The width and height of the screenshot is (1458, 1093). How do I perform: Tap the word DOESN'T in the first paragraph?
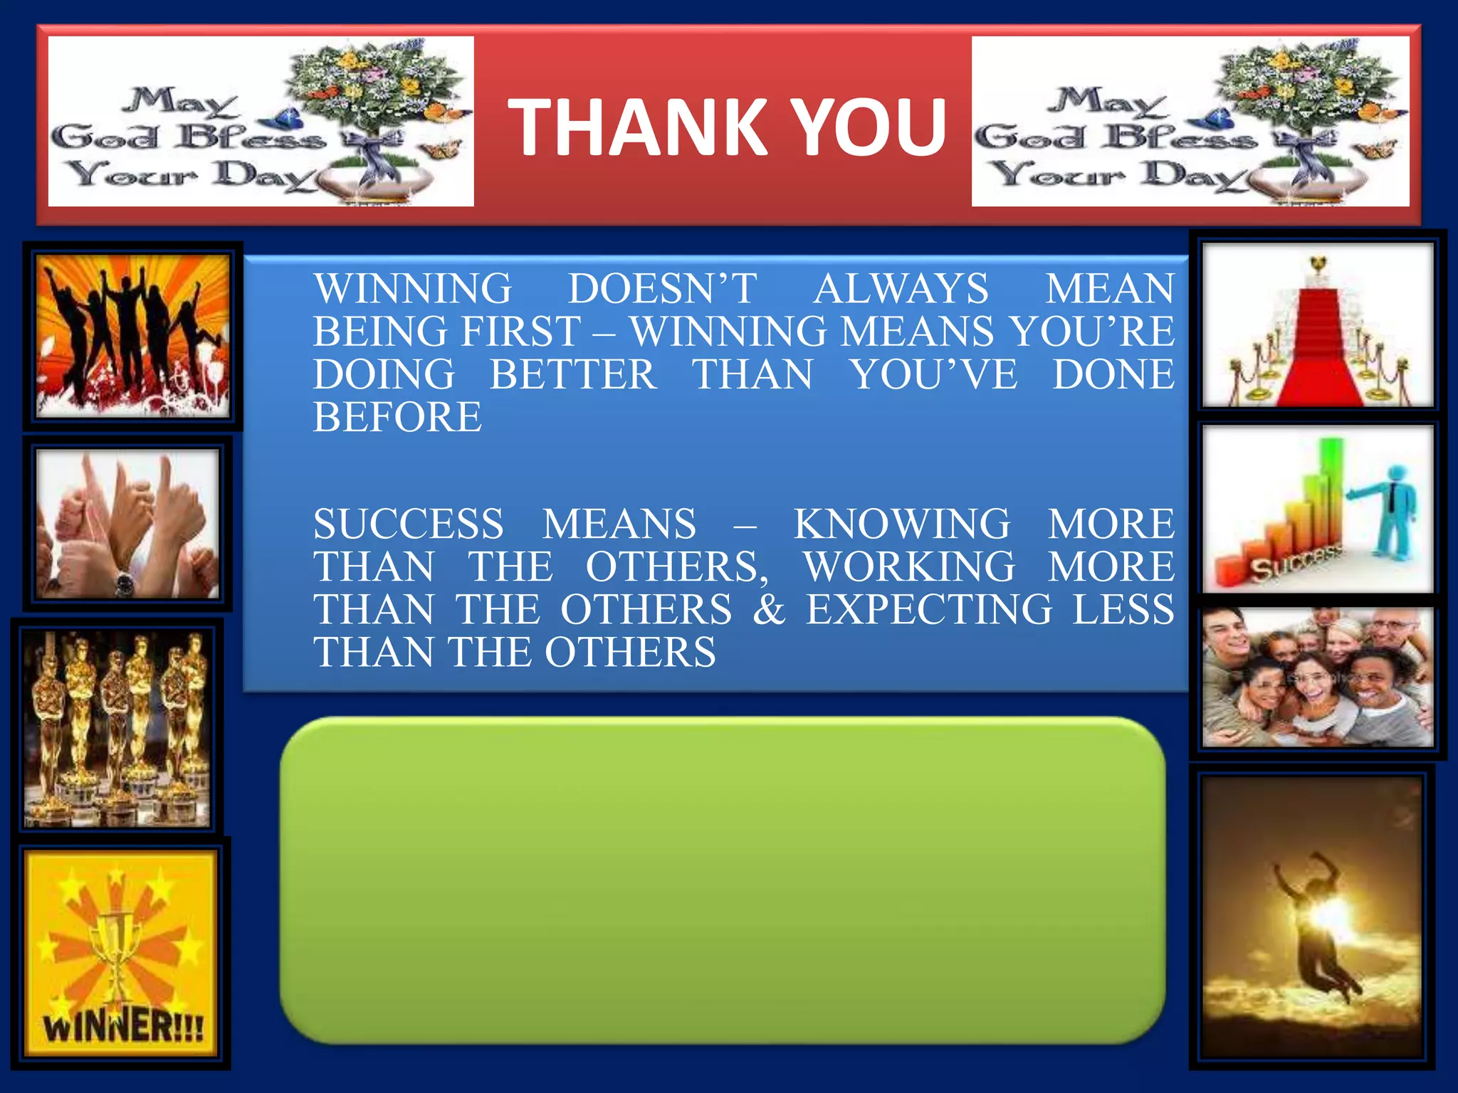click(x=662, y=289)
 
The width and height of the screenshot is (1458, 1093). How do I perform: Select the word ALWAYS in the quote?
click(x=901, y=289)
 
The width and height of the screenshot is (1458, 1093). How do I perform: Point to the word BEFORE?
click(x=397, y=418)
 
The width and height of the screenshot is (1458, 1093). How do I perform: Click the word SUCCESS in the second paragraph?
click(x=409, y=524)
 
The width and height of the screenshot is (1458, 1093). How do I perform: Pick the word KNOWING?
click(x=901, y=524)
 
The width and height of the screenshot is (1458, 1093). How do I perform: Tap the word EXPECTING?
click(x=928, y=610)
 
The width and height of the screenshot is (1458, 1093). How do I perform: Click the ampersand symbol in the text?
click(x=769, y=610)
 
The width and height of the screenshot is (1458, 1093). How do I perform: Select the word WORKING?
click(x=909, y=567)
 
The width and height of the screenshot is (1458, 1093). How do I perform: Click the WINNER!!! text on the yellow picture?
click(x=122, y=1028)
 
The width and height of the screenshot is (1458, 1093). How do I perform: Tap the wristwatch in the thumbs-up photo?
click(x=125, y=584)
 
